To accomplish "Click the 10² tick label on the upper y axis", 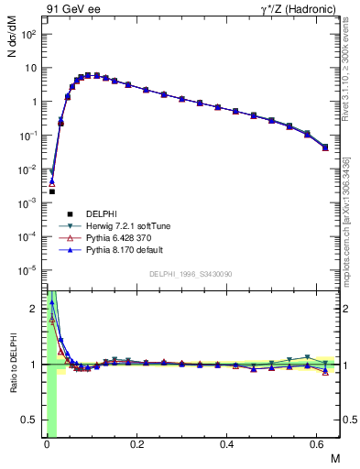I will (x=28, y=34).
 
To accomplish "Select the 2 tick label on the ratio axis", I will (x=34, y=309).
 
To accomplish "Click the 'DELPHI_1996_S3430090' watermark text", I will (x=189, y=274).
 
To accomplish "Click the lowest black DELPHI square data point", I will (x=52, y=191).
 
